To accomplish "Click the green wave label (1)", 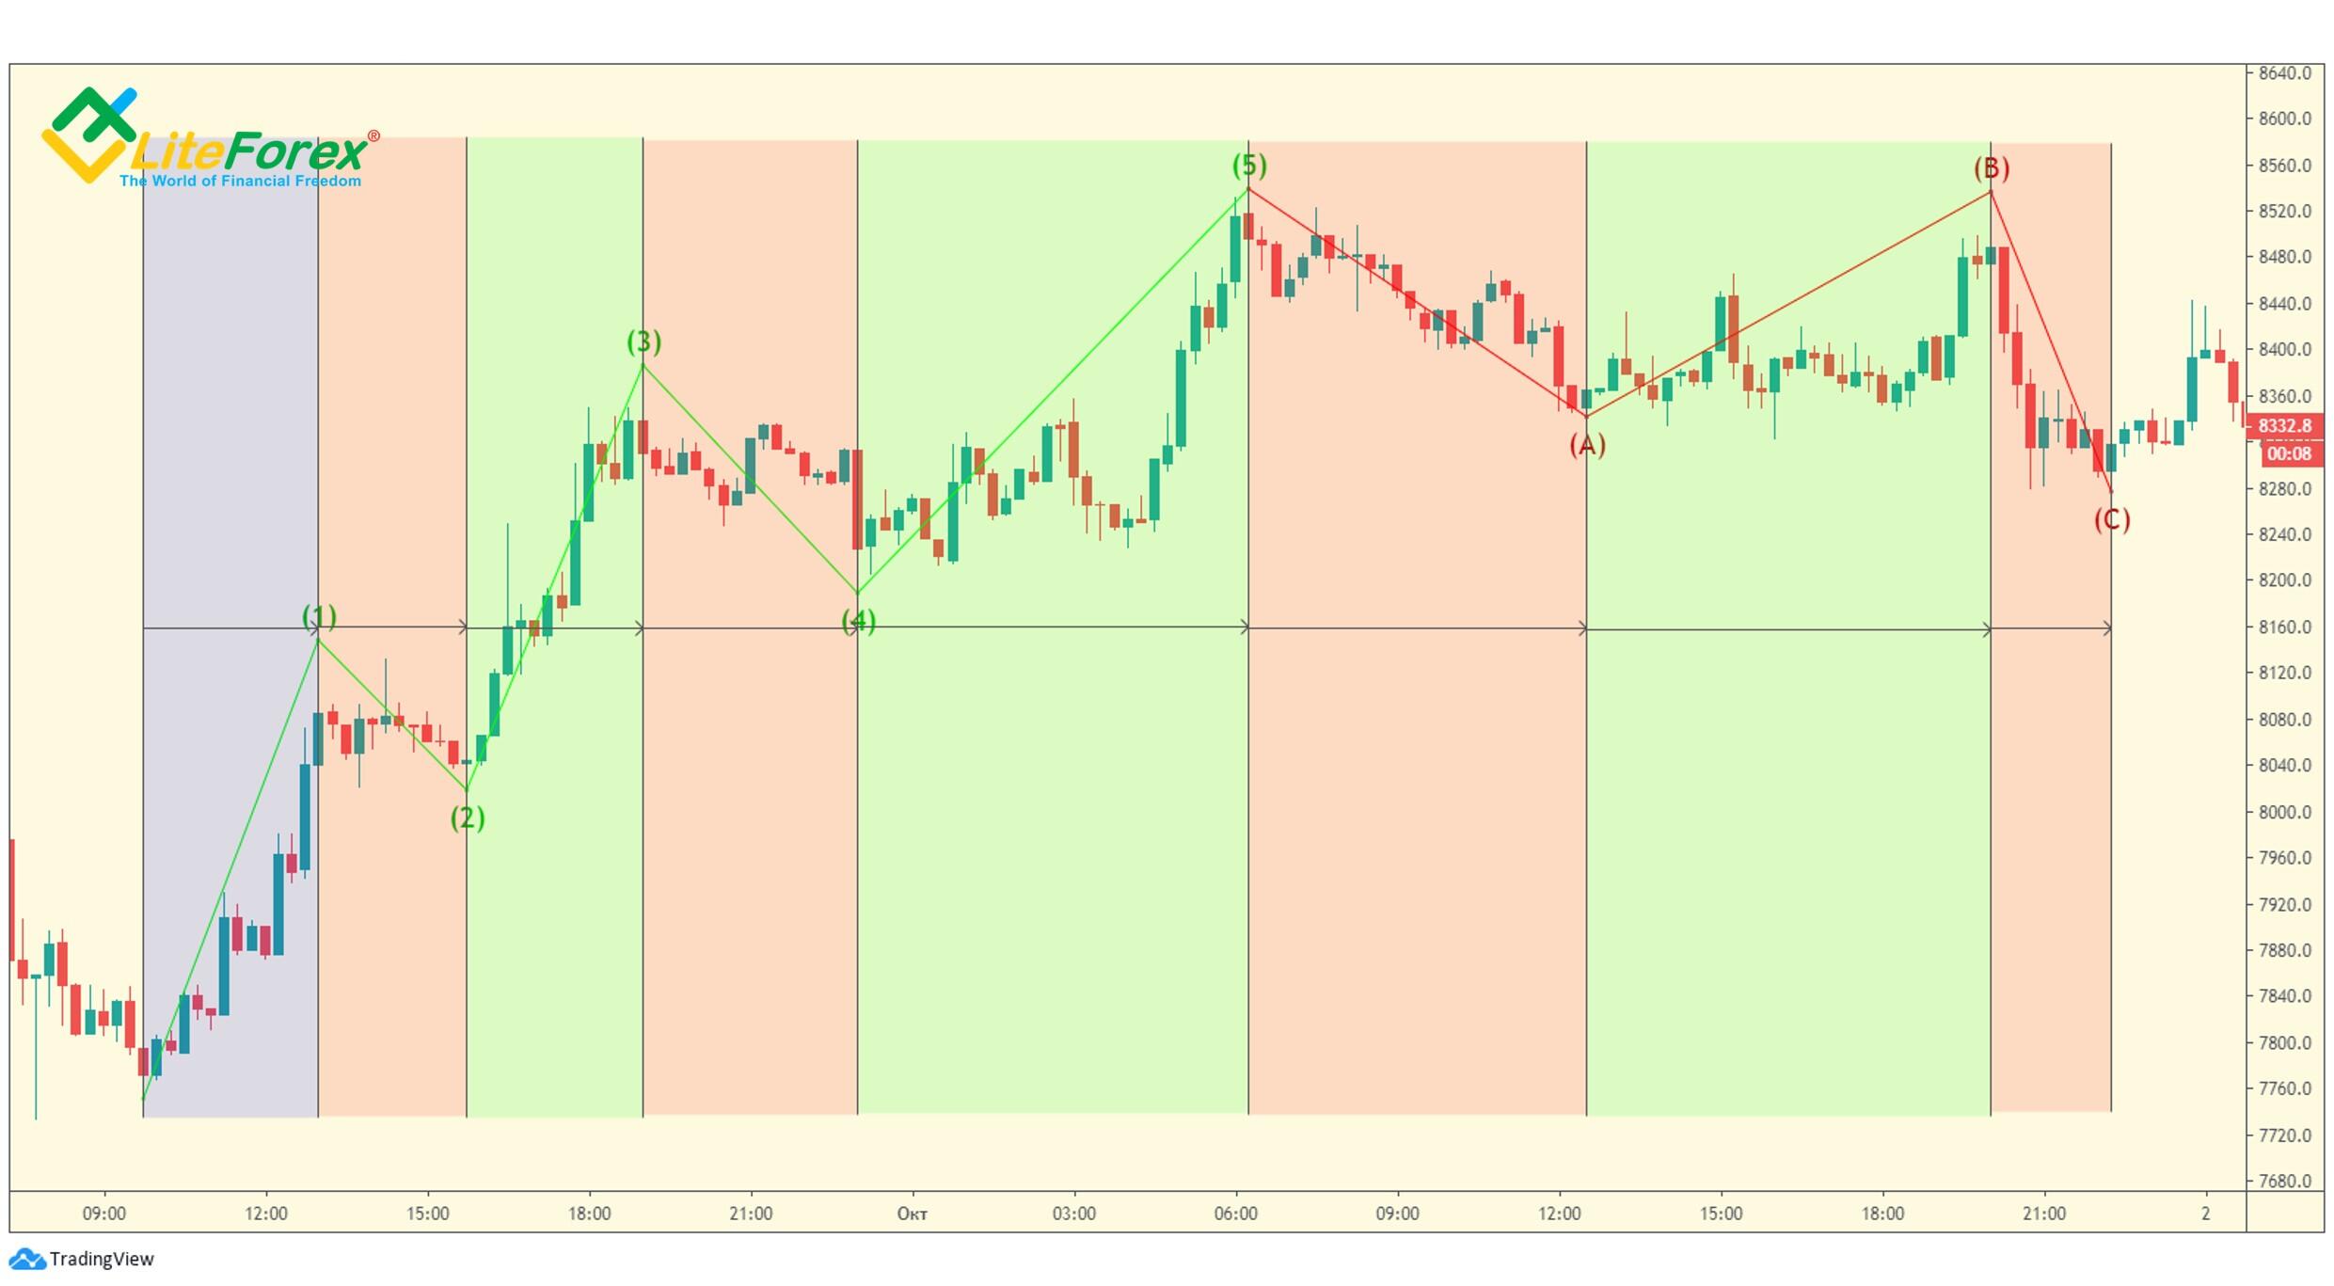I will pyautogui.click(x=319, y=617).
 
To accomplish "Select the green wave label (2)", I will pyautogui.click(x=468, y=818).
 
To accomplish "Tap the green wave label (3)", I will pyautogui.click(x=644, y=341).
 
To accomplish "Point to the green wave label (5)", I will pyautogui.click(x=1249, y=166).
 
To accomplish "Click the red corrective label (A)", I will pyautogui.click(x=1587, y=445).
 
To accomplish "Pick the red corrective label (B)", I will pyautogui.click(x=1992, y=168).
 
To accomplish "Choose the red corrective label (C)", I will pyautogui.click(x=2112, y=519).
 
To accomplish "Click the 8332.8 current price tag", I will pyautogui.click(x=2284, y=426).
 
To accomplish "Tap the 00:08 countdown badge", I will pyautogui.click(x=2288, y=454).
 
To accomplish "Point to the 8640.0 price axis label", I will pyautogui.click(x=2284, y=73).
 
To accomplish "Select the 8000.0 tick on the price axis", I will pyautogui.click(x=2284, y=812).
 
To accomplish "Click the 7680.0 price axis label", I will pyautogui.click(x=2284, y=1181).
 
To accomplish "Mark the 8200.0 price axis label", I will pyautogui.click(x=2284, y=580).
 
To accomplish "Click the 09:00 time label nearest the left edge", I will pyautogui.click(x=103, y=1214).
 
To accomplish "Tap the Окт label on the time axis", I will pyautogui.click(x=912, y=1214).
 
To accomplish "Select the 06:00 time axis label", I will pyautogui.click(x=1235, y=1214).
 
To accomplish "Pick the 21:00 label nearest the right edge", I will pyautogui.click(x=2044, y=1214).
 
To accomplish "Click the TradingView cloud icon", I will pyautogui.click(x=26, y=1259).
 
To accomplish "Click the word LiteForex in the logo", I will pyautogui.click(x=249, y=151).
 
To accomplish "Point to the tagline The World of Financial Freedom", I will pyautogui.click(x=240, y=181).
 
